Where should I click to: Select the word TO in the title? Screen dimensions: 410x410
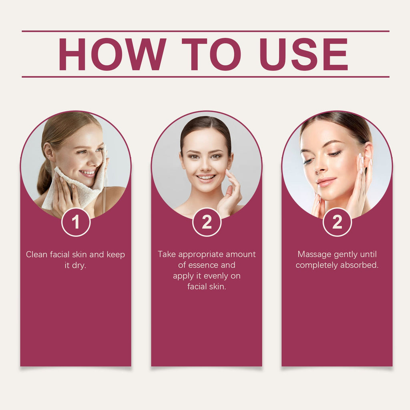(x=211, y=54)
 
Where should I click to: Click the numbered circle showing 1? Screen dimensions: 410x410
(x=76, y=222)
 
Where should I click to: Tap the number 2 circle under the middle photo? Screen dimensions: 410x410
(x=207, y=222)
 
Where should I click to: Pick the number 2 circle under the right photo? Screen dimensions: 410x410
(x=337, y=222)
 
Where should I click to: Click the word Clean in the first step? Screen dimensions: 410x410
(x=36, y=254)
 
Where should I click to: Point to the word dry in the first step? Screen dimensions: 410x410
(x=79, y=266)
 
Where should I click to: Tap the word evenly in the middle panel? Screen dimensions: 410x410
(x=216, y=276)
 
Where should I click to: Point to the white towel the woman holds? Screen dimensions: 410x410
(x=76, y=183)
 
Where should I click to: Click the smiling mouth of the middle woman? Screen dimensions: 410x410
(x=206, y=178)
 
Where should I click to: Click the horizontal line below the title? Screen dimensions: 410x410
(x=205, y=77)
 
